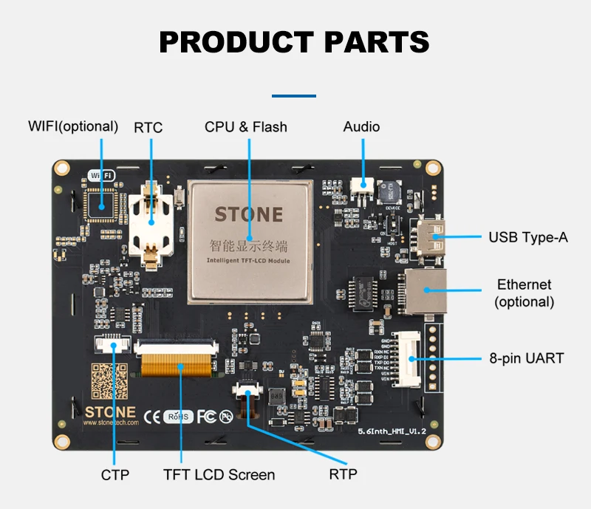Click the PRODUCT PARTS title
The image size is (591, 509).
(x=294, y=42)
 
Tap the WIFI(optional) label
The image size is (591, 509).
(x=72, y=126)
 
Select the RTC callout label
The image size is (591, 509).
(x=148, y=127)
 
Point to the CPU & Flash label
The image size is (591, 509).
(x=246, y=127)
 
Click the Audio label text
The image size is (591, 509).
(x=361, y=127)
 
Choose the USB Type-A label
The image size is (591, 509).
(x=528, y=238)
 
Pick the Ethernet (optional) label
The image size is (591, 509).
(x=525, y=293)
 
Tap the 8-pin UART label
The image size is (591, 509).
(x=527, y=358)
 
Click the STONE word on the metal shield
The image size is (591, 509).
(x=248, y=215)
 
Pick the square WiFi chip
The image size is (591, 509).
(x=100, y=202)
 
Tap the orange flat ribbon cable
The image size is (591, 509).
(x=178, y=364)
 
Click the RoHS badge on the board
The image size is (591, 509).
(x=178, y=417)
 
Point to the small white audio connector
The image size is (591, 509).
(x=361, y=185)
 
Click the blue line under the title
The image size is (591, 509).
(x=294, y=96)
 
